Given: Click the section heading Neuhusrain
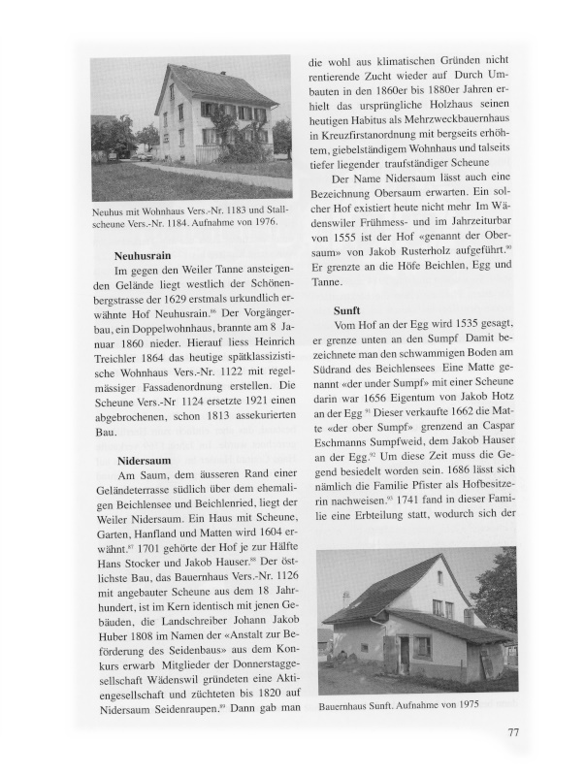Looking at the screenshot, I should click(148, 258).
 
